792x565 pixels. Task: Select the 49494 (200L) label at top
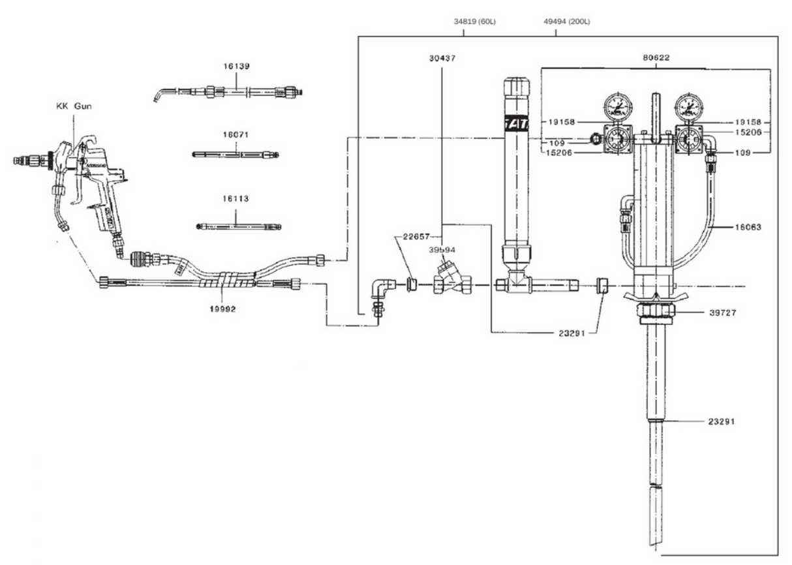[566, 22]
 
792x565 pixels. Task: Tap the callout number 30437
[442, 58]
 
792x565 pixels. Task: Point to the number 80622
[656, 58]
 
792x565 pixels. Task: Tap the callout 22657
[412, 237]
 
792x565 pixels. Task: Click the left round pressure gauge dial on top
[617, 106]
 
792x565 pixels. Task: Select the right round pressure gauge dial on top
[689, 106]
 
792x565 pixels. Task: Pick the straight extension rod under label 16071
[236, 155]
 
